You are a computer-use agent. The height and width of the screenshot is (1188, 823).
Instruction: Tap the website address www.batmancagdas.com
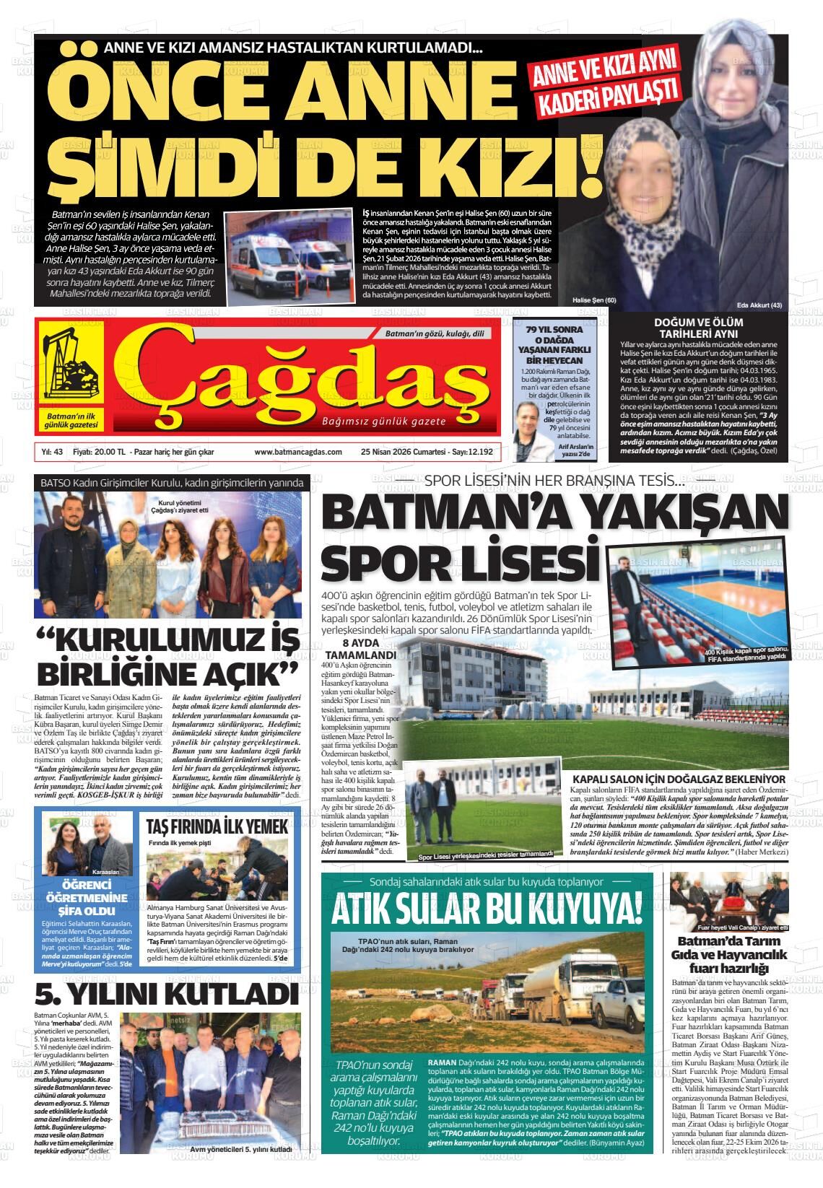coord(297,452)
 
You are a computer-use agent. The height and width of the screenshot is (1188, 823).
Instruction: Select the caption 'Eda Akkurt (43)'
coord(759,305)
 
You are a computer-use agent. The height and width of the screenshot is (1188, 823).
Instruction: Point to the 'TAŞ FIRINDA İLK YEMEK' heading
coord(217,826)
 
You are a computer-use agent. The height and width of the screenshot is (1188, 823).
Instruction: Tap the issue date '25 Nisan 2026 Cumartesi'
coord(405,452)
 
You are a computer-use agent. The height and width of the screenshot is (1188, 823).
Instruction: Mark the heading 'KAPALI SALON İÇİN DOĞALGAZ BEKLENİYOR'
coord(678,779)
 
